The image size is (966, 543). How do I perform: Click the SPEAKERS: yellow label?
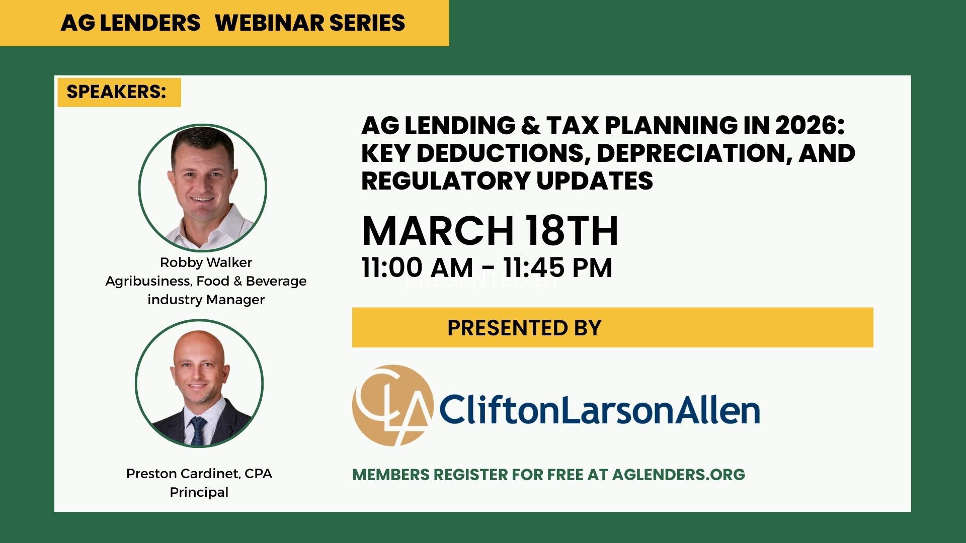tap(119, 92)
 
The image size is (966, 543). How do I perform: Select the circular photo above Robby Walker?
tap(203, 188)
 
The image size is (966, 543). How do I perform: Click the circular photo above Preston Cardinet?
tap(199, 383)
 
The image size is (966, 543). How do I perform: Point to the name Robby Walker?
tap(206, 262)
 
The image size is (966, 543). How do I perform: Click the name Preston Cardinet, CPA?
tap(199, 474)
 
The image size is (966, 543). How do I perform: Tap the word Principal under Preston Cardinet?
tap(199, 492)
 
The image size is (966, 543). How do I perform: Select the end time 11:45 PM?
tap(557, 267)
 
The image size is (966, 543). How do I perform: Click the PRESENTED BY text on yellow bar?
tap(524, 328)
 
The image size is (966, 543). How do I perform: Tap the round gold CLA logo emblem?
tap(392, 405)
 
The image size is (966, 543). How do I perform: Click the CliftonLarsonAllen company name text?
tap(600, 410)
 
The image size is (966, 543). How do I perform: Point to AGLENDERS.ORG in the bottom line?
tap(679, 475)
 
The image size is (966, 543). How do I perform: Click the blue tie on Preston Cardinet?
tap(198, 430)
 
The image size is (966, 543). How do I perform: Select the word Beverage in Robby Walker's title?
tap(276, 281)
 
